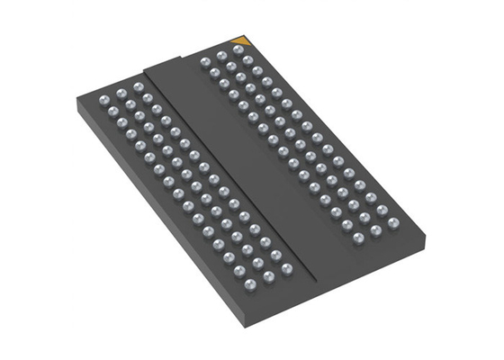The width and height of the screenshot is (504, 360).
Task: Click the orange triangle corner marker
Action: click(x=240, y=40)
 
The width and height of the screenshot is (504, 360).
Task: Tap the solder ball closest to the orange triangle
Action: click(x=237, y=51)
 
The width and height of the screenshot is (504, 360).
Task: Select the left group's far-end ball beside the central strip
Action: click(x=137, y=87)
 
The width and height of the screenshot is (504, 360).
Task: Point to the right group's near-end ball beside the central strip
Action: click(x=358, y=238)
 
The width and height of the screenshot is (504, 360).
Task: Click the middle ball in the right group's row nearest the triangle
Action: click(x=220, y=57)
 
